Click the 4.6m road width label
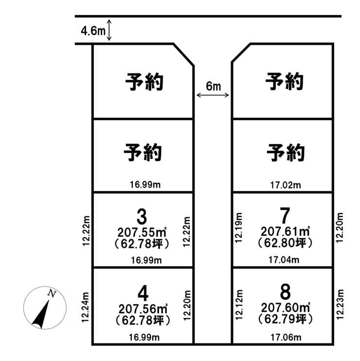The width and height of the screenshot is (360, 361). point(93,30)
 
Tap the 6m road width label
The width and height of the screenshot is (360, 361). point(214,86)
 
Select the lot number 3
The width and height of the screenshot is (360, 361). point(142,217)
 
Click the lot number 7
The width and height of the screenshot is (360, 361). point(285,216)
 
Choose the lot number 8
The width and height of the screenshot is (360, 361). point(286,292)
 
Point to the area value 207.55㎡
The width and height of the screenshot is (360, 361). point(142,232)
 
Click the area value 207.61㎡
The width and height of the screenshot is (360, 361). point(285,231)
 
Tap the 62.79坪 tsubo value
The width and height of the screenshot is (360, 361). point(286,319)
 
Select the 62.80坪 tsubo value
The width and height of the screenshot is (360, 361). point(285,242)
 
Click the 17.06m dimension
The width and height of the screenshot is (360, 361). point(286,338)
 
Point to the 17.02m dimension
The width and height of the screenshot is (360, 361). point(286,185)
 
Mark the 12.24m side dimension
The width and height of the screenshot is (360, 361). point(85,307)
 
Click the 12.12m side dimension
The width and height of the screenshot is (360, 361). point(239,305)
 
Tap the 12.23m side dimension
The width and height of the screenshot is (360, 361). point(340,304)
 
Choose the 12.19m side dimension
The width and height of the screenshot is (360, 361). point(239,228)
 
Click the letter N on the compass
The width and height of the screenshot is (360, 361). point(52,293)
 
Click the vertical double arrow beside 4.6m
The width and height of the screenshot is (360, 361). point(109,30)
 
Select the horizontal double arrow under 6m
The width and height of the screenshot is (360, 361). point(213,95)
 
